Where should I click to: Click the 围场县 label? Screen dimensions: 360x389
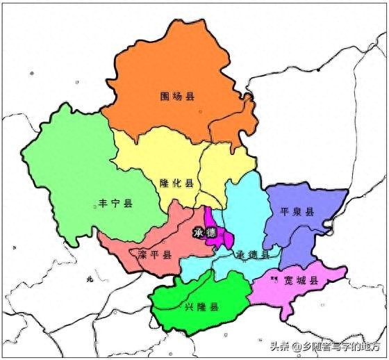(176, 95)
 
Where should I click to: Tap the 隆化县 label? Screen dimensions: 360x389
(176, 183)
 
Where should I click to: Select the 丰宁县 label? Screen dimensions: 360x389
(115, 204)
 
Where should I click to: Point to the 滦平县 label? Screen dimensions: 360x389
(154, 255)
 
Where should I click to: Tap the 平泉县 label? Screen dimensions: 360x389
(297, 212)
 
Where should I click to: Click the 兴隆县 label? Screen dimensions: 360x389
(201, 306)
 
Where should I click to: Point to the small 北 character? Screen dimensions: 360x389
(89, 279)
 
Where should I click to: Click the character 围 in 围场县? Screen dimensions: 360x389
(164, 95)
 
